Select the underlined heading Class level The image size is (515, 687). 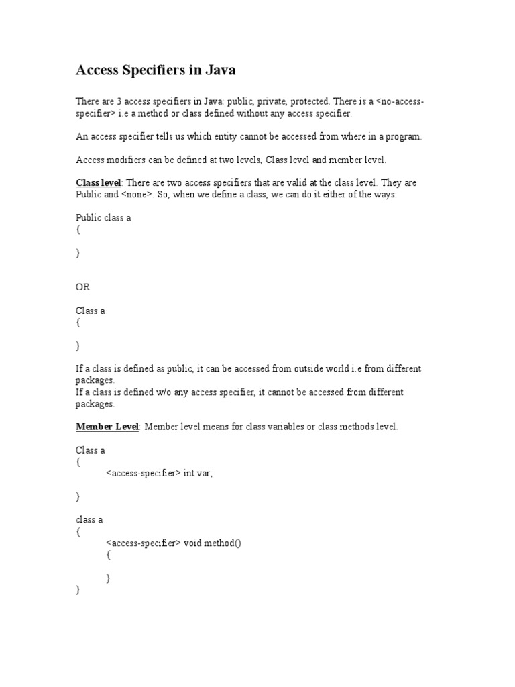[98, 182]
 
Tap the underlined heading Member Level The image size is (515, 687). [107, 427]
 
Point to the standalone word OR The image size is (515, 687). [82, 287]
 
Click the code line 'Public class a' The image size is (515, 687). [103, 218]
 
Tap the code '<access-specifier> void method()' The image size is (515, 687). [173, 543]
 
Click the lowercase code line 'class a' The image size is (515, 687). [89, 520]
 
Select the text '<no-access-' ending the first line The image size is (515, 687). [400, 101]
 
